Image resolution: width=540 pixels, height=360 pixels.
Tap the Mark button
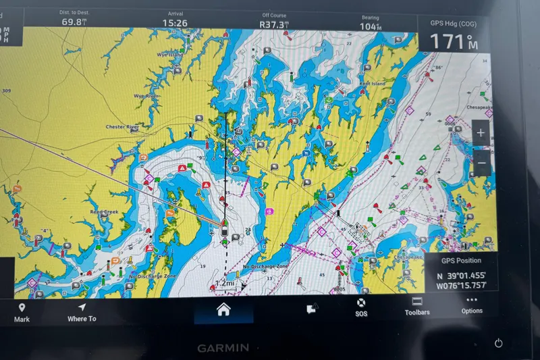(22, 313)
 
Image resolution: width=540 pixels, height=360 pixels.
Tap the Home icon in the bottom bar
(223, 309)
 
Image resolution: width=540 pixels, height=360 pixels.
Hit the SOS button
(361, 308)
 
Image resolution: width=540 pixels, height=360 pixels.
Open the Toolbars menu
(416, 307)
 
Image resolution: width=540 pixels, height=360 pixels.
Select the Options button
(472, 305)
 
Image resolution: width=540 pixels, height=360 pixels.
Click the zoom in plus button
(481, 133)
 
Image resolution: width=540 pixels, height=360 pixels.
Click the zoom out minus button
(481, 162)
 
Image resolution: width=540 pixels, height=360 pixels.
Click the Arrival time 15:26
(174, 23)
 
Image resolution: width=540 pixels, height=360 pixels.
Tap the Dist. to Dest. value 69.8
(74, 22)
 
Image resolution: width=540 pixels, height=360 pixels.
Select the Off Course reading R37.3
(274, 24)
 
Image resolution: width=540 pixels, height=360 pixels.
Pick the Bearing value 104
(369, 26)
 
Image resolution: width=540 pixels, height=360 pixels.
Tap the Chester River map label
(122, 126)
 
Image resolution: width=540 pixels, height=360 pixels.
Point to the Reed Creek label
(104, 212)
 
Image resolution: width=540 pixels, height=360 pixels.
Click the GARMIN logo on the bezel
(223, 348)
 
